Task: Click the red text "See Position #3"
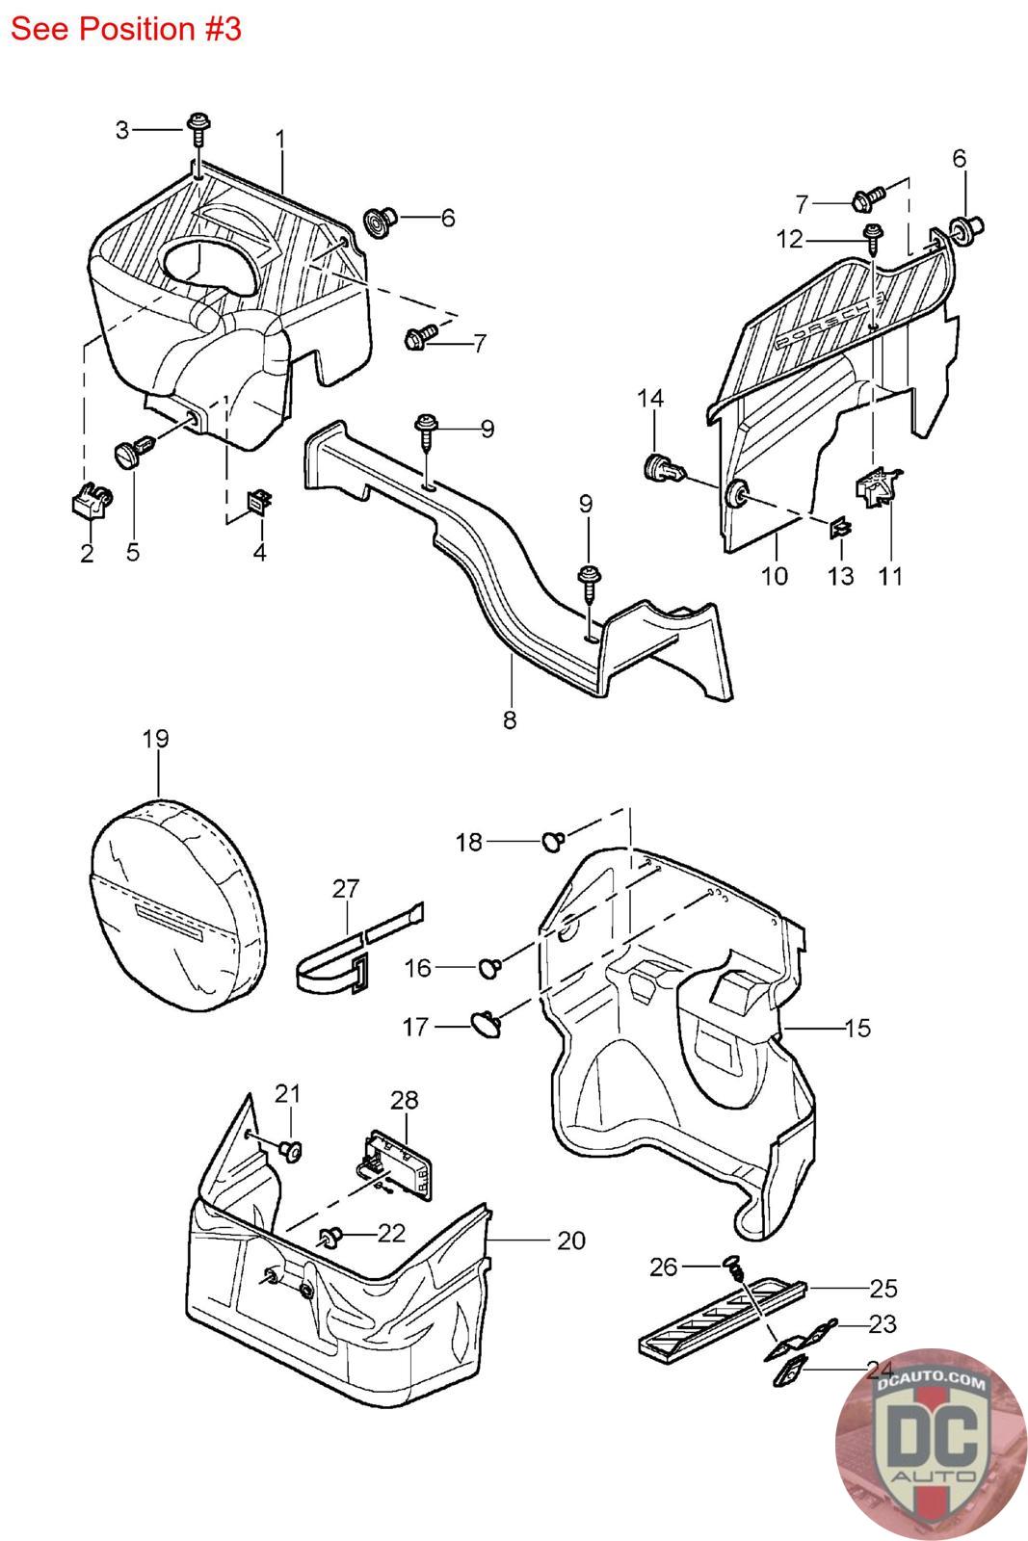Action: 125,29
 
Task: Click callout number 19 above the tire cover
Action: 155,739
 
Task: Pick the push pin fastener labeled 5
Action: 133,451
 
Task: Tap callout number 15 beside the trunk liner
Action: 857,1028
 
